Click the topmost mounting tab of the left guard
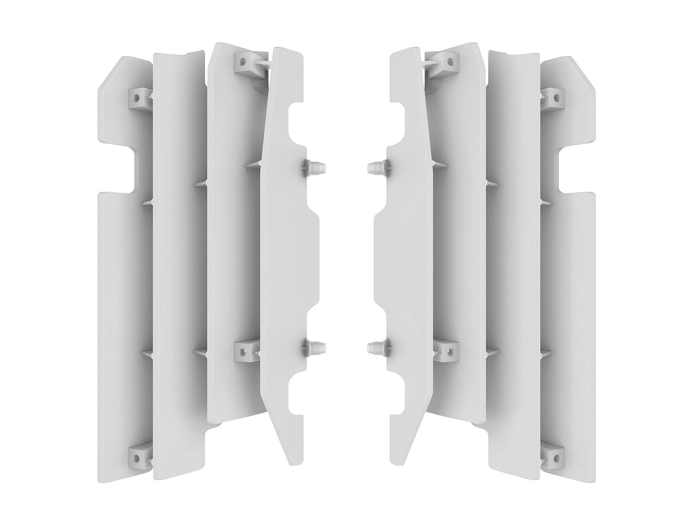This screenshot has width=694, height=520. pos(249,60)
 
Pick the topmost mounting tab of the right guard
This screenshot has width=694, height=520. pos(444,60)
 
